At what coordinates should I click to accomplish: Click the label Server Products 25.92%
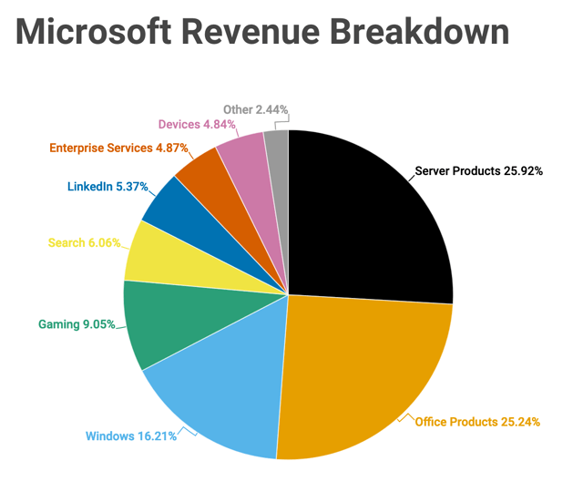click(x=478, y=170)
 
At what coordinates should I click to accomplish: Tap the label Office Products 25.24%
click(x=477, y=422)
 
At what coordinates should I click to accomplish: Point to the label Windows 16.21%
click(x=130, y=436)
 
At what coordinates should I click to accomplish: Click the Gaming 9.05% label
click(x=77, y=324)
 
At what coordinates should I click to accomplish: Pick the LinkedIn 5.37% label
click(x=107, y=187)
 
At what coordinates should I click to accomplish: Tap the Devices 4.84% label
click(x=197, y=125)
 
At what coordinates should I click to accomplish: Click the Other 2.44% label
click(x=255, y=110)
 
